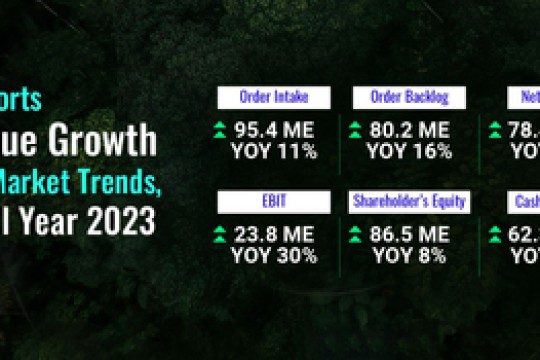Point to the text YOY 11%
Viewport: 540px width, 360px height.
tap(274, 152)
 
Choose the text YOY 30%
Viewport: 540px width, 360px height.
tap(274, 256)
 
